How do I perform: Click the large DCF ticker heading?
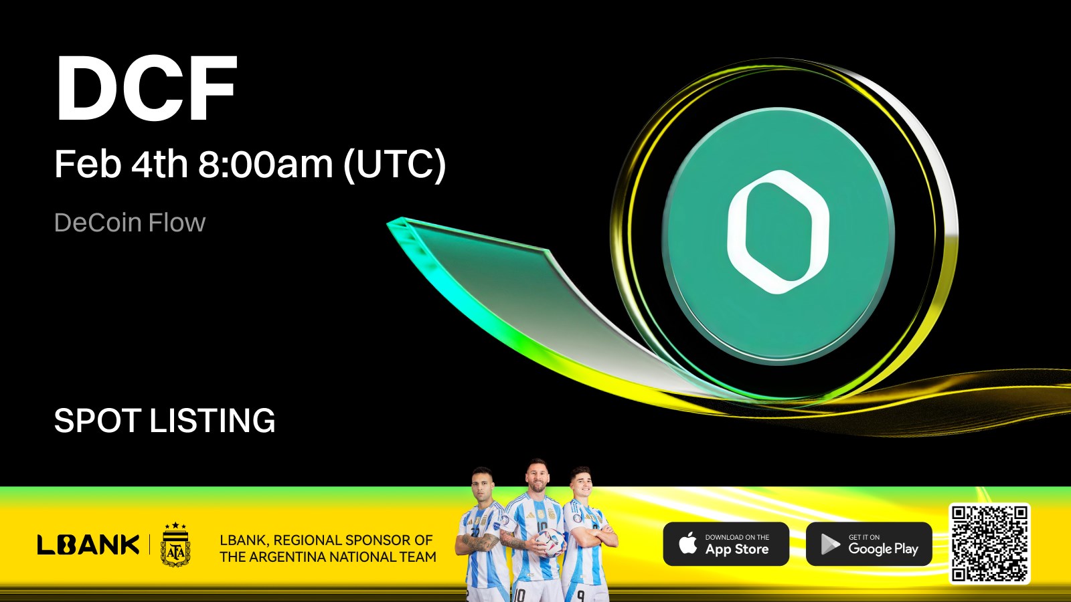point(147,88)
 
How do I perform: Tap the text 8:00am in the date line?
point(265,164)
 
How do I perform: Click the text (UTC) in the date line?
point(395,165)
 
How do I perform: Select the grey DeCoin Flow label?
point(130,223)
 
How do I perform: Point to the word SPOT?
point(98,421)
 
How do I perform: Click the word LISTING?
point(213,421)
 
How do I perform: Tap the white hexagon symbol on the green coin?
point(778,231)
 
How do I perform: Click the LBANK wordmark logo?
point(88,544)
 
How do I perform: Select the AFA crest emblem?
point(175,544)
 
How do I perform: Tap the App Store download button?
point(726,544)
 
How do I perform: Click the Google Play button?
point(869,544)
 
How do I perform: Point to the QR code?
point(989,544)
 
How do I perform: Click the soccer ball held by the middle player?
point(549,542)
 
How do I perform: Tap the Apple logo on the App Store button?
point(688,544)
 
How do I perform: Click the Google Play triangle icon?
point(830,544)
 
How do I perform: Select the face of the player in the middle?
point(537,477)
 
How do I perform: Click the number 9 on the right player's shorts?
point(580,595)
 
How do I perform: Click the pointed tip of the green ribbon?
point(388,224)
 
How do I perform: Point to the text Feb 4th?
point(121,164)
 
